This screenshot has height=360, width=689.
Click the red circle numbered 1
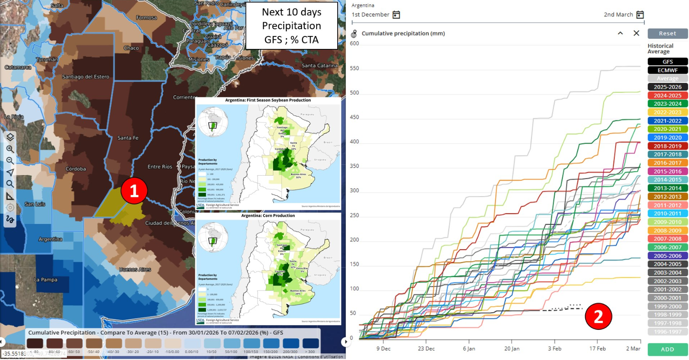click(x=134, y=191)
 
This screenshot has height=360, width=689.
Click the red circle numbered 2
click(x=598, y=317)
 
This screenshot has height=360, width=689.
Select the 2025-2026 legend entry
click(x=667, y=87)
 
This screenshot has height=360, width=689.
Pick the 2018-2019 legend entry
click(x=667, y=146)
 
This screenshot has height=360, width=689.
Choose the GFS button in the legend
click(x=667, y=61)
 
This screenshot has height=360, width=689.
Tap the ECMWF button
click(x=667, y=70)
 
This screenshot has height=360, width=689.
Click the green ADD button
click(x=667, y=349)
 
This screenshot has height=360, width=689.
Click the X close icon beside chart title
click(x=636, y=33)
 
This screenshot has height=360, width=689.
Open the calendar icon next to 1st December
click(x=396, y=15)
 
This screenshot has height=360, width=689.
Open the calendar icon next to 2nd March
click(x=640, y=15)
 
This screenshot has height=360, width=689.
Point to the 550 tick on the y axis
click(x=354, y=68)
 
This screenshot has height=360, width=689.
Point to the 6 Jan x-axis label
click(x=469, y=349)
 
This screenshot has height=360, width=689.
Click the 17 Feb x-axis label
click(x=597, y=349)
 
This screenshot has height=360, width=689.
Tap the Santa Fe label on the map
click(x=128, y=138)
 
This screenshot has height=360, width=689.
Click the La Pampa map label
click(x=46, y=280)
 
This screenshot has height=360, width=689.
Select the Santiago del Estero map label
click(x=85, y=77)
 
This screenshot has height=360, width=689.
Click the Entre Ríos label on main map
click(x=160, y=167)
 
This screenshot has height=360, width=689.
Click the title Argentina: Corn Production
click(x=268, y=216)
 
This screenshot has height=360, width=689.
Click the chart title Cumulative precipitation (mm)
click(x=403, y=33)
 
